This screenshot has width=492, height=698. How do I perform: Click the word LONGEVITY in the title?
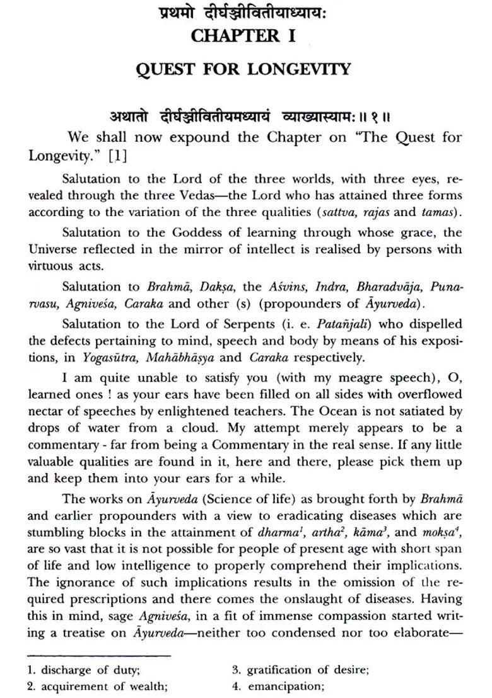point(299,69)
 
